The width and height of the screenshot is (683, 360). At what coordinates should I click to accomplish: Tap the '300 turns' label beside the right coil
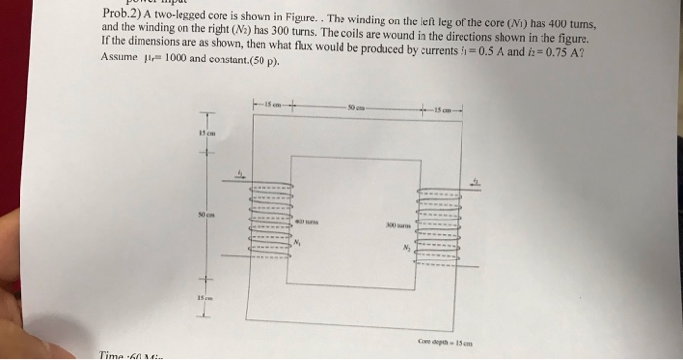coord(392,223)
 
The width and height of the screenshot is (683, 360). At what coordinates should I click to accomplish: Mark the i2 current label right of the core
coord(476,180)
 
